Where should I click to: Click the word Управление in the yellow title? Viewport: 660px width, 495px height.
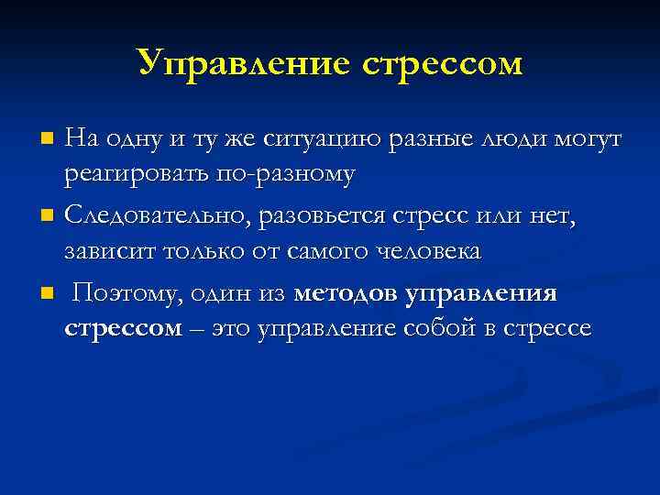[237, 63]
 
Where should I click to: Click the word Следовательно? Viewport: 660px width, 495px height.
[159, 216]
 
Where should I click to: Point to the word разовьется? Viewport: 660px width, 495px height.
[335, 216]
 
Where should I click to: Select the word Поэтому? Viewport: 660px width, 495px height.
[120, 294]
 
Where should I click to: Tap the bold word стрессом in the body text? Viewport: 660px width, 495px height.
[123, 328]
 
